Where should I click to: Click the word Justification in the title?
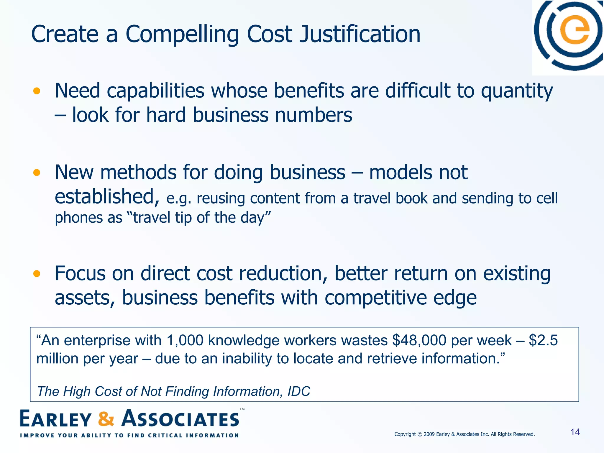pos(360,35)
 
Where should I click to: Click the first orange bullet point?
pos(37,91)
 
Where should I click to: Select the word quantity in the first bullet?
pos(517,91)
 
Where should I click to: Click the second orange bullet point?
pos(37,173)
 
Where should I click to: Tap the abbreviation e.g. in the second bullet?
pos(179,198)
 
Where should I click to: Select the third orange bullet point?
pos(37,274)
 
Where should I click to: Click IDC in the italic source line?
pos(299,392)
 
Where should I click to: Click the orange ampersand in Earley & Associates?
pos(106,419)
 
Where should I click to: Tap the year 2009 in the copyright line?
pos(429,434)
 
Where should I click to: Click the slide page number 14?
pos(575,432)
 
